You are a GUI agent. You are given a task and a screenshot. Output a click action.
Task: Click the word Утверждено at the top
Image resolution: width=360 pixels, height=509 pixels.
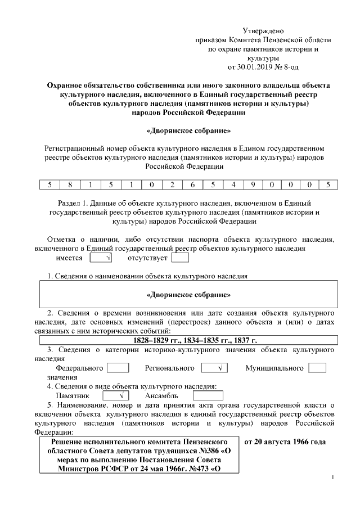263,30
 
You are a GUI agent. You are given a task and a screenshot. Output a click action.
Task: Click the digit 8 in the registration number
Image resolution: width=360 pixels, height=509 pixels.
70,184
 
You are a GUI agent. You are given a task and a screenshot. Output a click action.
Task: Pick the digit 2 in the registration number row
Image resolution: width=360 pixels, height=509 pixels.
172,184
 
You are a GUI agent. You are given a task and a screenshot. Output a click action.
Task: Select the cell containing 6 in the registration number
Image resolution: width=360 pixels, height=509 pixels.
192,184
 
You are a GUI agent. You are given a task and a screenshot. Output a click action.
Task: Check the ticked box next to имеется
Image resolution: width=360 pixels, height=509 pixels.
101,258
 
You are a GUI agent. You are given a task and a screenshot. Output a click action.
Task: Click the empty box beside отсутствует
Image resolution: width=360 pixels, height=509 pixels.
179,258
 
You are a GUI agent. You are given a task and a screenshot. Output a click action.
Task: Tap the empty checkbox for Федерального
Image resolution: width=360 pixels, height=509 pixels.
118,368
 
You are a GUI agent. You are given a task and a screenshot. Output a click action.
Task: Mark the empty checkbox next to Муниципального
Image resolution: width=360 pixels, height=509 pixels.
317,368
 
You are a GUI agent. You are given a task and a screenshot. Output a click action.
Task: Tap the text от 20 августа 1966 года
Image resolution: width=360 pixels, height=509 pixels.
285,442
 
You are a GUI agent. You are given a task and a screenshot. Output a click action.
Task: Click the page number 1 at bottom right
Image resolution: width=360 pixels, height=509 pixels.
333,479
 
